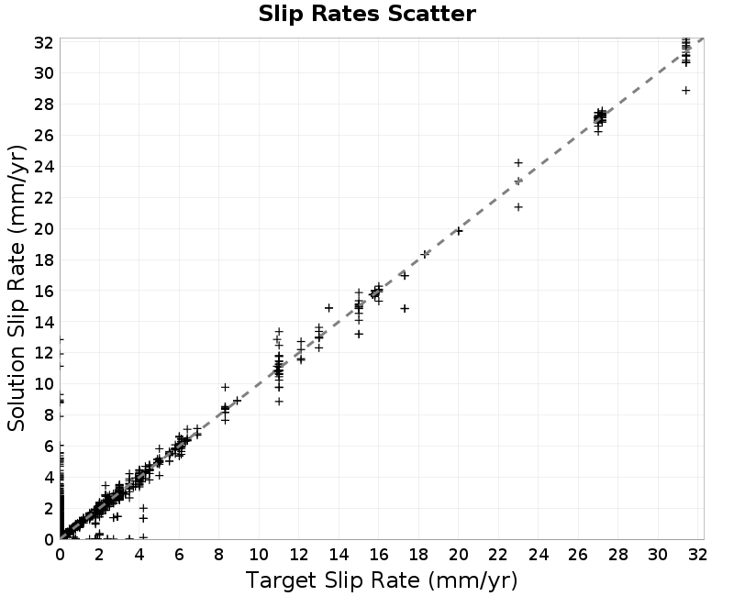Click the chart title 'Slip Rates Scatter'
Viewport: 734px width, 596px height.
coord(367,14)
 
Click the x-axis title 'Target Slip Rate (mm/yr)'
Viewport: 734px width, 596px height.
coord(382,580)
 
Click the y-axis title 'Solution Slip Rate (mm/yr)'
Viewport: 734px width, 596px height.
coord(17,288)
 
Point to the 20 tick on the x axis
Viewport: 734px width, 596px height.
coord(458,555)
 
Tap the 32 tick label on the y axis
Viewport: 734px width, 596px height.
coord(43,42)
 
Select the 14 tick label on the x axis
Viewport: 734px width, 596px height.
coord(339,555)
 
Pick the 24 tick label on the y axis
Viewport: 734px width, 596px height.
coord(43,167)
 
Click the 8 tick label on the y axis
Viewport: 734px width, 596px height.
coord(49,415)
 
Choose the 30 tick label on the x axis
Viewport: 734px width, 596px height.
coord(658,555)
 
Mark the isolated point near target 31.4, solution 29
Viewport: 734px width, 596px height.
coord(685,90)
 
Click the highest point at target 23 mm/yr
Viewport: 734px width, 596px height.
coord(518,163)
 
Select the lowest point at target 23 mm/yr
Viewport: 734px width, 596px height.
coord(518,207)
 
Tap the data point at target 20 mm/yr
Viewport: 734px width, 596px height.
coord(459,231)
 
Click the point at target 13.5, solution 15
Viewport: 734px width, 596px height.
coord(328,308)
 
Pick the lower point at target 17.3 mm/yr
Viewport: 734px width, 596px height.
coord(405,308)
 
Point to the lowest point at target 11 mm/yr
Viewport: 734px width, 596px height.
coord(279,402)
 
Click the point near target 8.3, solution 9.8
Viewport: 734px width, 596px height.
coord(225,387)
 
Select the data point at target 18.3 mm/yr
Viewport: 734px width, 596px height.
coord(425,254)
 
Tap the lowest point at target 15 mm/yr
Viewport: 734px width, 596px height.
coord(359,334)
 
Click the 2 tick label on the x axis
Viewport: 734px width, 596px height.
coord(99,555)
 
